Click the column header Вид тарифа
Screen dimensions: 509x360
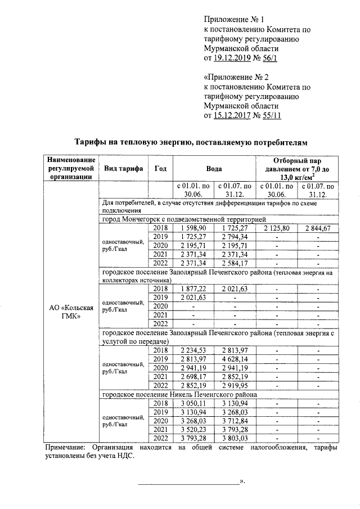(122, 168)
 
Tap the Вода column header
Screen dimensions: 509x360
(213, 168)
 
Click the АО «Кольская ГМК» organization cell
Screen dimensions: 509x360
(70, 312)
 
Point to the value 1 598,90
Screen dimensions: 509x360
(193, 228)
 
